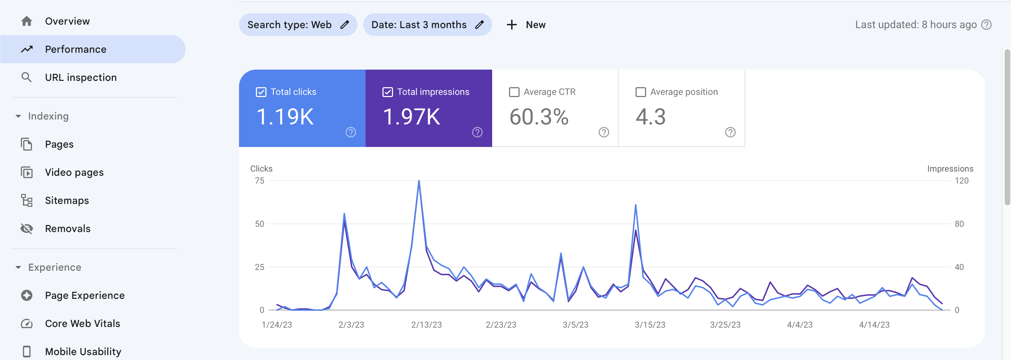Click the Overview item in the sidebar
coord(67,21)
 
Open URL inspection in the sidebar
coord(81,77)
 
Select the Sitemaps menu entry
coord(67,200)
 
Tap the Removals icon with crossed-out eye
coord(27,229)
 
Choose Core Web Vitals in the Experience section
coord(82,323)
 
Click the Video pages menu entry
coord(74,172)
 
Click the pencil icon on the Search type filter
coord(344,25)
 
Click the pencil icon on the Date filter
coord(479,25)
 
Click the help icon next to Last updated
coord(986,25)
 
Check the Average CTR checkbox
coord(514,92)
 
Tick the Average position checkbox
coord(640,92)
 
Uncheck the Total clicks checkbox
coord(261,92)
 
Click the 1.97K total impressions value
coord(411,117)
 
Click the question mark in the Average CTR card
coord(604,132)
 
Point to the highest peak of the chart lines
coord(419,181)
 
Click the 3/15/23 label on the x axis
coord(650,324)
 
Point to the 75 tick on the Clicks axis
coord(259,181)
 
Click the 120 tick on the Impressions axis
coord(961,181)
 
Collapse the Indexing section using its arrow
coord(18,116)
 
